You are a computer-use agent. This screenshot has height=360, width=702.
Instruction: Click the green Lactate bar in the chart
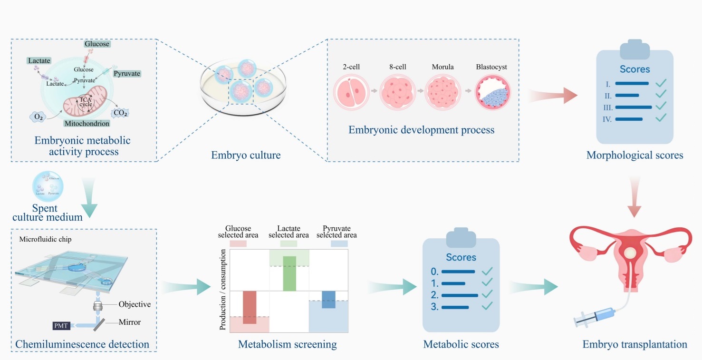(x=289, y=273)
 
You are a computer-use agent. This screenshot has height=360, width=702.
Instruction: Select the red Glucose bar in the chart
(x=250, y=307)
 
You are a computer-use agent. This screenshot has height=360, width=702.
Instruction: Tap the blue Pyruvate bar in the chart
(x=328, y=299)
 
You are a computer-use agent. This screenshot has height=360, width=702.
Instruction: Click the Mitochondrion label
(x=87, y=124)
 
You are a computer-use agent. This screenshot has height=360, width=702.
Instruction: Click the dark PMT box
(x=61, y=325)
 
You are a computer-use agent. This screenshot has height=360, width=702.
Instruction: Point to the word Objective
(x=135, y=304)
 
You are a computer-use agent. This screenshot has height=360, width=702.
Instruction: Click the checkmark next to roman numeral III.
(x=661, y=106)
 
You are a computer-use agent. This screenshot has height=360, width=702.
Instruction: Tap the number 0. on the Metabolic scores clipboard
(x=434, y=272)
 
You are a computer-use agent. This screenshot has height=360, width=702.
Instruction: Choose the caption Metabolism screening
(x=287, y=344)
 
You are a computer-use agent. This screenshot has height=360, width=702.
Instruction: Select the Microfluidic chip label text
(x=45, y=239)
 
